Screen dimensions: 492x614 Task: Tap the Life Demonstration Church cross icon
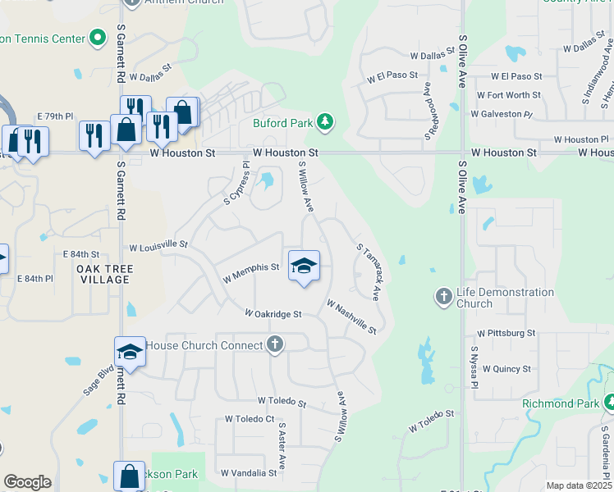point(443,296)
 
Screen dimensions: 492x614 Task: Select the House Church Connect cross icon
point(275,344)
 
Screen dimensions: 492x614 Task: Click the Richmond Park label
point(561,403)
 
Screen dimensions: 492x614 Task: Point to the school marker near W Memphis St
point(304,266)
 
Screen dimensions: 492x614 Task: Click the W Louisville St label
point(158,245)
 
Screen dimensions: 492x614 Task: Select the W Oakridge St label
point(273,313)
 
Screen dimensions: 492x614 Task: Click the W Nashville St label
point(351,317)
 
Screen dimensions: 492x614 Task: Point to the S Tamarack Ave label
point(369,271)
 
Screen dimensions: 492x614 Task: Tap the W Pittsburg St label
point(506,333)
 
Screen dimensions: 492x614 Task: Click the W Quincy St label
point(506,369)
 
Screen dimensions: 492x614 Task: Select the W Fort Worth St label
point(508,95)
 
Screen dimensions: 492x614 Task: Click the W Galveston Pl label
point(502,114)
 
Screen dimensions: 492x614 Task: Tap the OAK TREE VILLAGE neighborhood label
point(103,274)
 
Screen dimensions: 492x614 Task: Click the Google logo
point(27,482)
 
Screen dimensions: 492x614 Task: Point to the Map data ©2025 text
point(578,485)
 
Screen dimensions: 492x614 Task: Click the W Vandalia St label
point(249,473)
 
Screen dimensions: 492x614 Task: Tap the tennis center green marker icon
point(98,38)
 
